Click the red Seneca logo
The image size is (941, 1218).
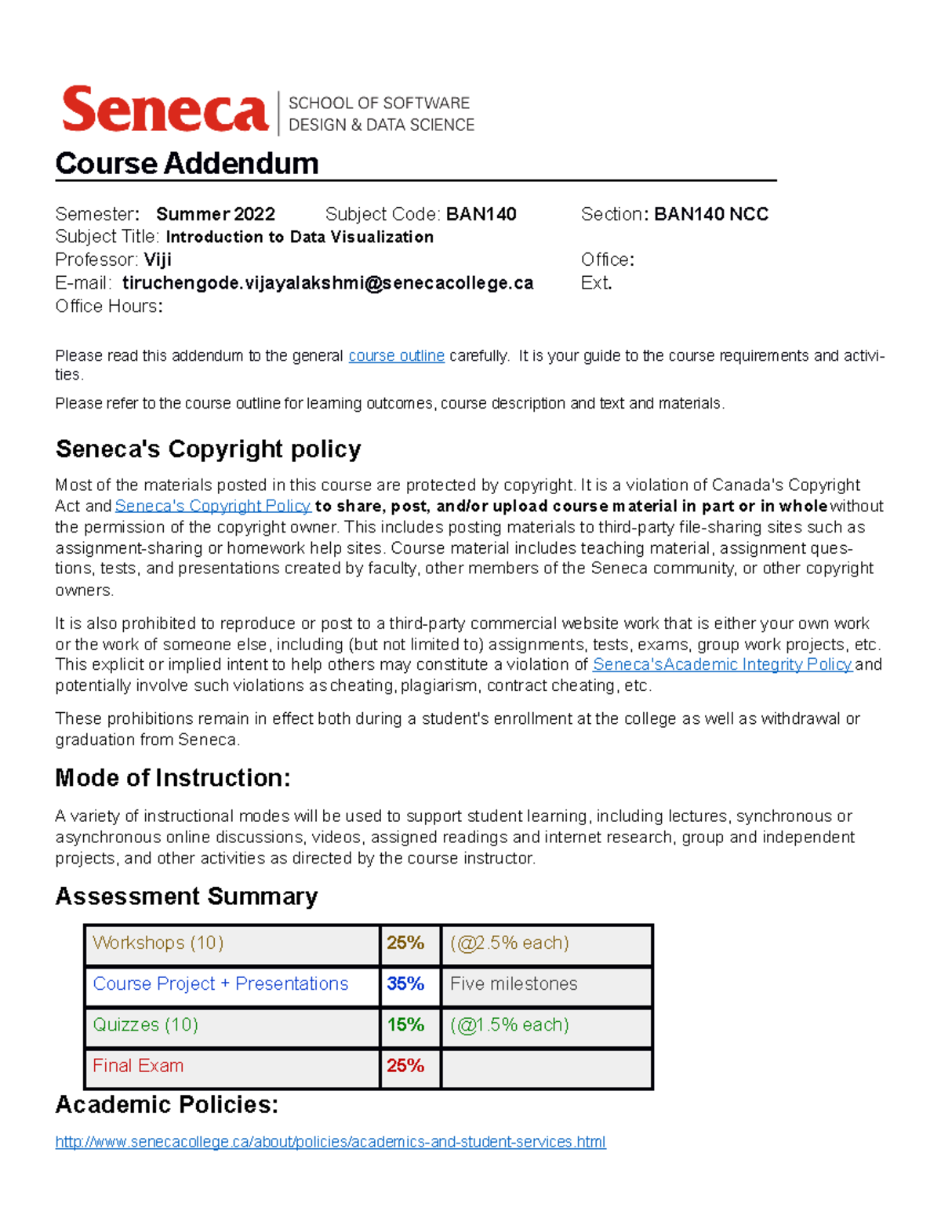point(165,111)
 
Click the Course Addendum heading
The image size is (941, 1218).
point(187,164)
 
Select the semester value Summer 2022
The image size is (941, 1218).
point(216,214)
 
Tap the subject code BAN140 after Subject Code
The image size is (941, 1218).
point(481,214)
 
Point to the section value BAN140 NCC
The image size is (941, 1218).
point(710,214)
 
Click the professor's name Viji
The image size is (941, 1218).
point(158,260)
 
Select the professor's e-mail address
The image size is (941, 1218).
point(328,283)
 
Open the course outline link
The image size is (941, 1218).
point(396,356)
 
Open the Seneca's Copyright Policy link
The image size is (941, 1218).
point(213,506)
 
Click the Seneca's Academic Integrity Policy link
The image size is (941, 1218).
point(721,664)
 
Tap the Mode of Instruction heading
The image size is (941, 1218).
point(173,778)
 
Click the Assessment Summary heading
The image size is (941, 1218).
point(187,896)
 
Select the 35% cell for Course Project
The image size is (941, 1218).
point(405,983)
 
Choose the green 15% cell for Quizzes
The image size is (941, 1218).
point(405,1024)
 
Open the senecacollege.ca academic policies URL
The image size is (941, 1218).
point(330,1142)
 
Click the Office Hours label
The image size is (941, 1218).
point(108,307)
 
